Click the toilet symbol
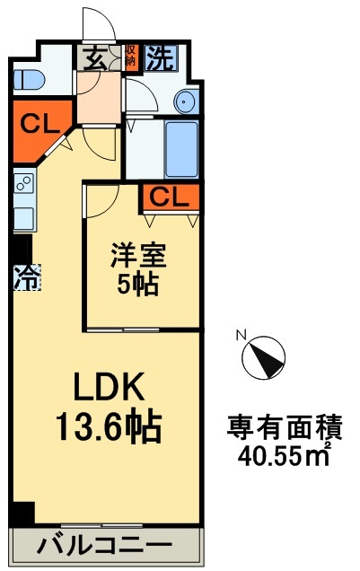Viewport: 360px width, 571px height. click(x=29, y=79)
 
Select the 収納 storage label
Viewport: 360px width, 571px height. click(x=130, y=56)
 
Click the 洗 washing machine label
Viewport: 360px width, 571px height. click(x=161, y=57)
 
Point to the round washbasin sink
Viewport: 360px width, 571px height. click(x=187, y=101)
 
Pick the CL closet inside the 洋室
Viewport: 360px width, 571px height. click(x=171, y=198)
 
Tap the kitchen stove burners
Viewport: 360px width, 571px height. click(x=24, y=183)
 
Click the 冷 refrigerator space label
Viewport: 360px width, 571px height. click(x=27, y=277)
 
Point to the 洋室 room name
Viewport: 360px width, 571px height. click(x=138, y=255)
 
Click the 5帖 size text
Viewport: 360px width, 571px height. click(x=137, y=284)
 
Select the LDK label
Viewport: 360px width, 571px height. click(x=108, y=387)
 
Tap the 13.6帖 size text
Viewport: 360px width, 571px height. click(x=108, y=426)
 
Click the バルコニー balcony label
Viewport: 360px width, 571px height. click(x=104, y=546)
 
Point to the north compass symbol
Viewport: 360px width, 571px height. click(x=264, y=357)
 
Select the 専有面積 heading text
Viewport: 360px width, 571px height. click(x=285, y=427)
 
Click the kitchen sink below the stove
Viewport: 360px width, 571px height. click(x=24, y=218)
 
